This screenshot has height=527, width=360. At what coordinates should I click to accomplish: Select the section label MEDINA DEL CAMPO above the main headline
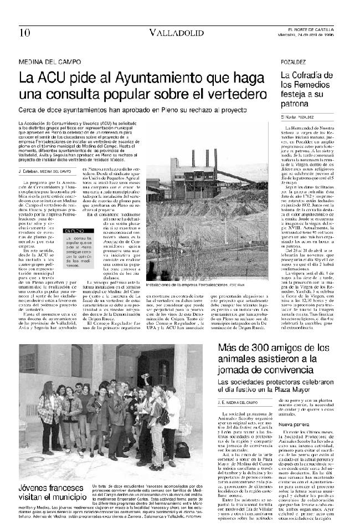50,62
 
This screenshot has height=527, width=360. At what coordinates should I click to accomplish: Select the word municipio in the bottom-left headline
64,498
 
